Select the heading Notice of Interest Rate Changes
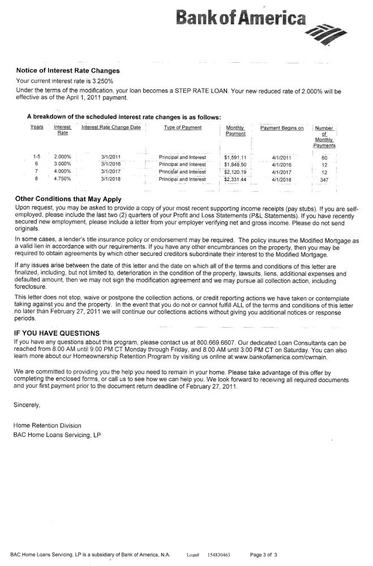[68, 71]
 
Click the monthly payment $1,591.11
[235, 157]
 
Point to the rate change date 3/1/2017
[111, 171]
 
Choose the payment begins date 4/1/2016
[281, 164]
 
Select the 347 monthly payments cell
[324, 179]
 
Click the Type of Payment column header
[182, 128]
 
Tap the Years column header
[37, 127]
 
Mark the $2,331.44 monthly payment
[235, 179]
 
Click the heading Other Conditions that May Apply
[68, 199]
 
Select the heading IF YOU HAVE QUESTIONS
[57, 333]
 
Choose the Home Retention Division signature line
[47, 426]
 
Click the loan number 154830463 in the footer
[218, 555]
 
